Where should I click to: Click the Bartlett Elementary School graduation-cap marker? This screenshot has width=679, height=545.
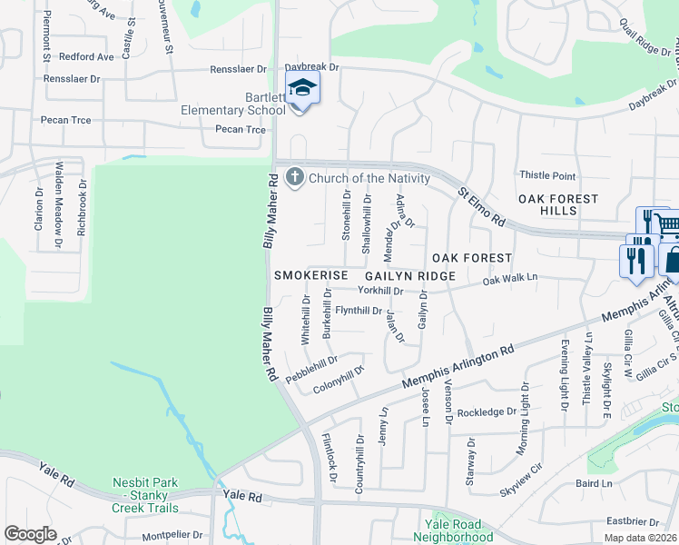click(x=301, y=88)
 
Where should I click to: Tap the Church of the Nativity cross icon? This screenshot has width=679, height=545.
click(x=294, y=178)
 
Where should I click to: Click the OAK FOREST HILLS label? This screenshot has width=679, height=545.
click(x=558, y=204)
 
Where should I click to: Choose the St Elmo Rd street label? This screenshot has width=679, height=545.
click(x=481, y=207)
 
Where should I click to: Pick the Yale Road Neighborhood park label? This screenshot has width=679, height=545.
click(x=458, y=530)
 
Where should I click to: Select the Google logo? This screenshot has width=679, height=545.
click(x=30, y=534)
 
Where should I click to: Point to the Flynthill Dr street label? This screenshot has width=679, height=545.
click(x=359, y=311)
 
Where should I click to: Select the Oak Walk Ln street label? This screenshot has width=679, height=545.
click(x=510, y=279)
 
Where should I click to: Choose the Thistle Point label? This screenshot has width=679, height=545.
click(x=546, y=175)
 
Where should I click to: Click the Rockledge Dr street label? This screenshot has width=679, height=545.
click(x=487, y=411)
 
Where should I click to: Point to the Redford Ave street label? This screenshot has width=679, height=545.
click(x=86, y=56)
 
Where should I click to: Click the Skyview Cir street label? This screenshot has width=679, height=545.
click(x=520, y=479)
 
